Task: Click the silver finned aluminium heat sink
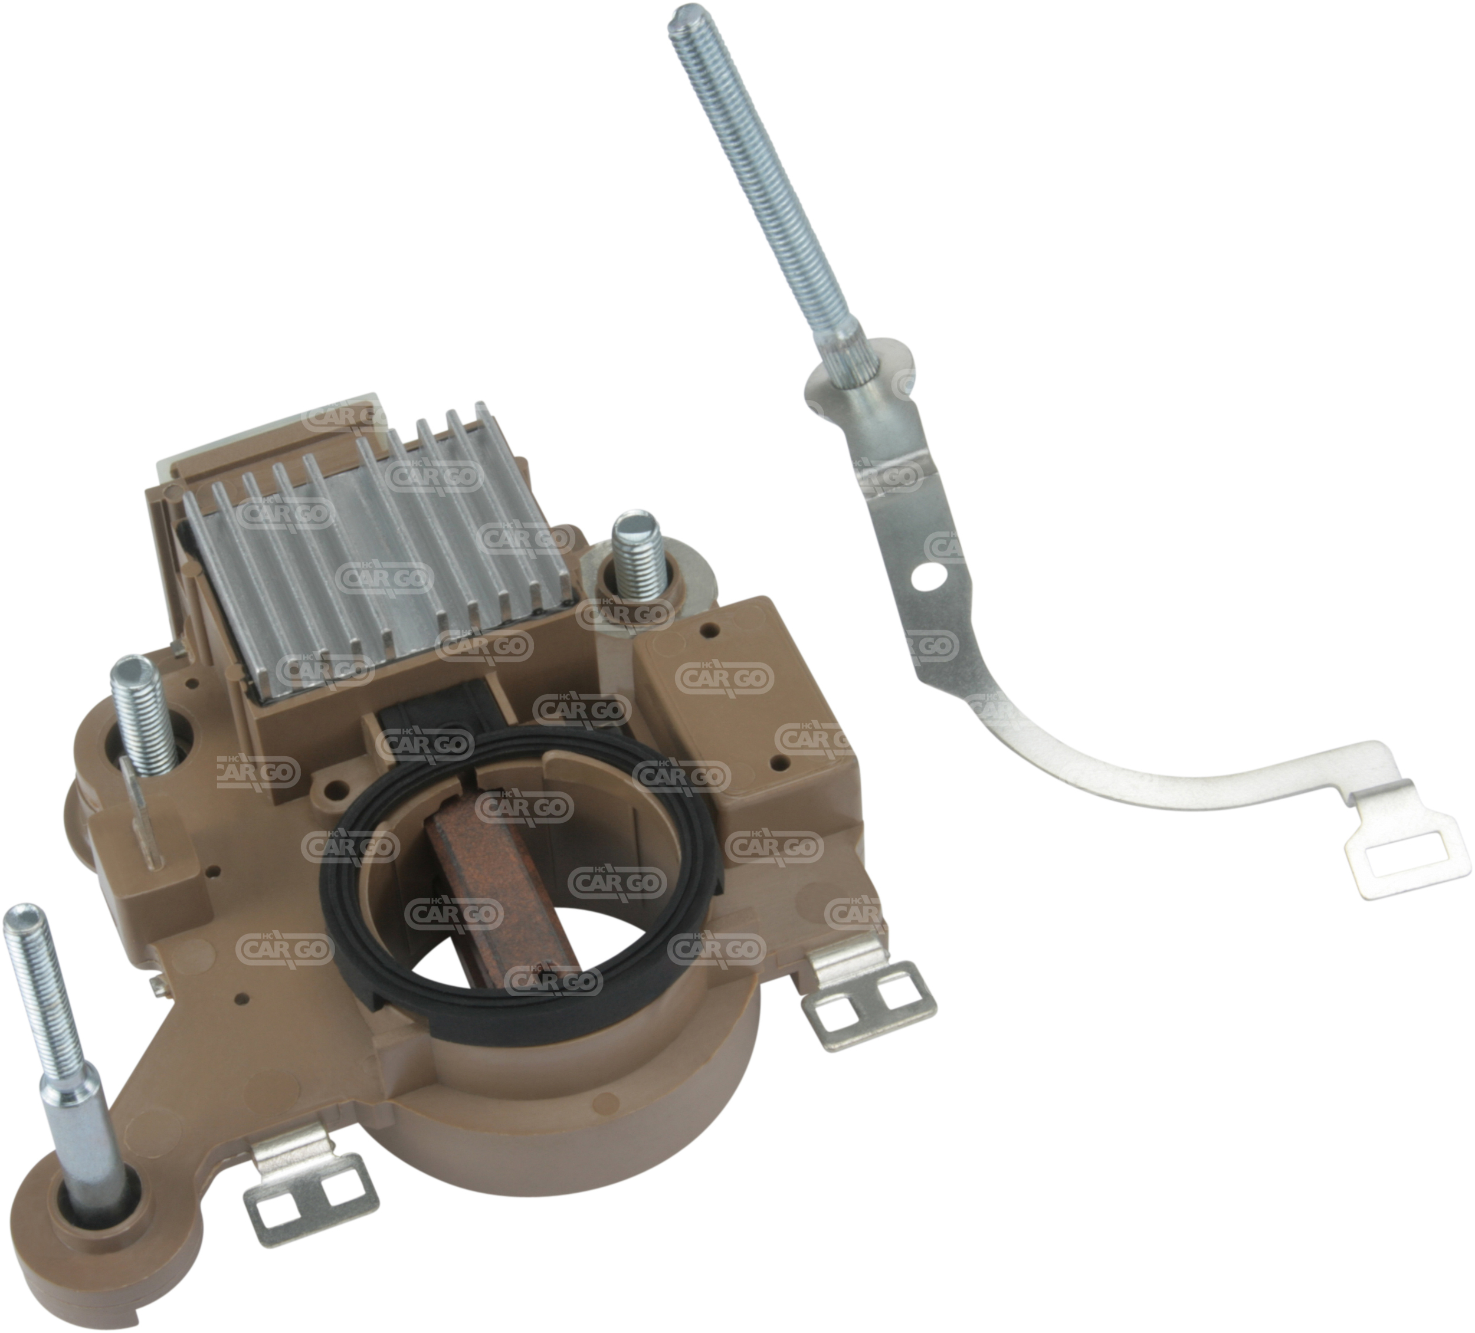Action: click(381, 556)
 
